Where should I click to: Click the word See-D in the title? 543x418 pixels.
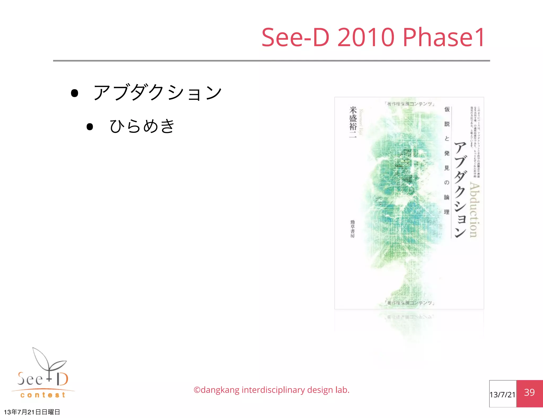pyautogui.click(x=295, y=37)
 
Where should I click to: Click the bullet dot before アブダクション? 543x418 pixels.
pyautogui.click(x=75, y=93)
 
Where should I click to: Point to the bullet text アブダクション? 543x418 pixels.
pyautogui.click(x=157, y=93)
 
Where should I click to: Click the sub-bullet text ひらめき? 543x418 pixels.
pyautogui.click(x=142, y=126)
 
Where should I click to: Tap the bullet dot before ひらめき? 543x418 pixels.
pyautogui.click(x=90, y=127)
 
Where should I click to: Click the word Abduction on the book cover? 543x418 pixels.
pyautogui.click(x=474, y=210)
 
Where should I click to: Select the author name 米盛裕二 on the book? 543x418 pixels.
pyautogui.click(x=353, y=122)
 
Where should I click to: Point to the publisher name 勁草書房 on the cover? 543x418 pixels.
pyautogui.click(x=352, y=229)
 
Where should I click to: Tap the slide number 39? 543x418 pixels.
pyautogui.click(x=529, y=393)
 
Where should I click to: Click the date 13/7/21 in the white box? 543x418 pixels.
pyautogui.click(x=502, y=395)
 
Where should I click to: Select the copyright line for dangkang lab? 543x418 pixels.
pyautogui.click(x=271, y=390)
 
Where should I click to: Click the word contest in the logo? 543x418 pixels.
pyautogui.click(x=43, y=395)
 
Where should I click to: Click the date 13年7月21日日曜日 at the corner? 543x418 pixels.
pyautogui.click(x=32, y=412)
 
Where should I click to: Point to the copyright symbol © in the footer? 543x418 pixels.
pyautogui.click(x=197, y=390)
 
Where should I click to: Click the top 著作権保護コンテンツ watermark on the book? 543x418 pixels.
pyautogui.click(x=409, y=104)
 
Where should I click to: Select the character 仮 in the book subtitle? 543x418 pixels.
pyautogui.click(x=447, y=109)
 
